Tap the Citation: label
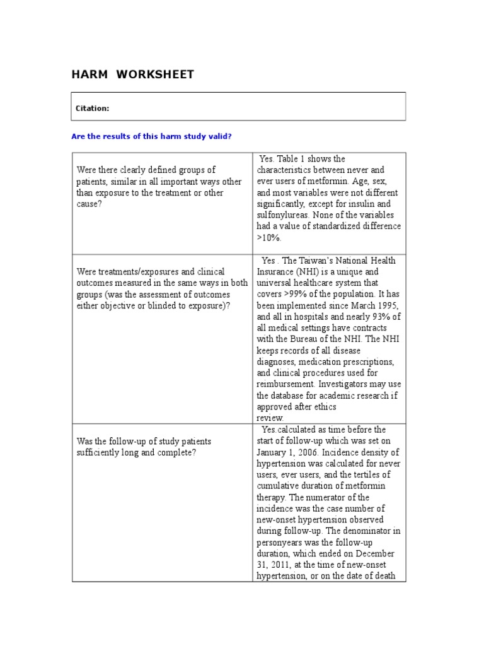click(92, 109)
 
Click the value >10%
click(270, 238)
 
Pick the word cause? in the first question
click(89, 204)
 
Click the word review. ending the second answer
click(270, 418)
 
